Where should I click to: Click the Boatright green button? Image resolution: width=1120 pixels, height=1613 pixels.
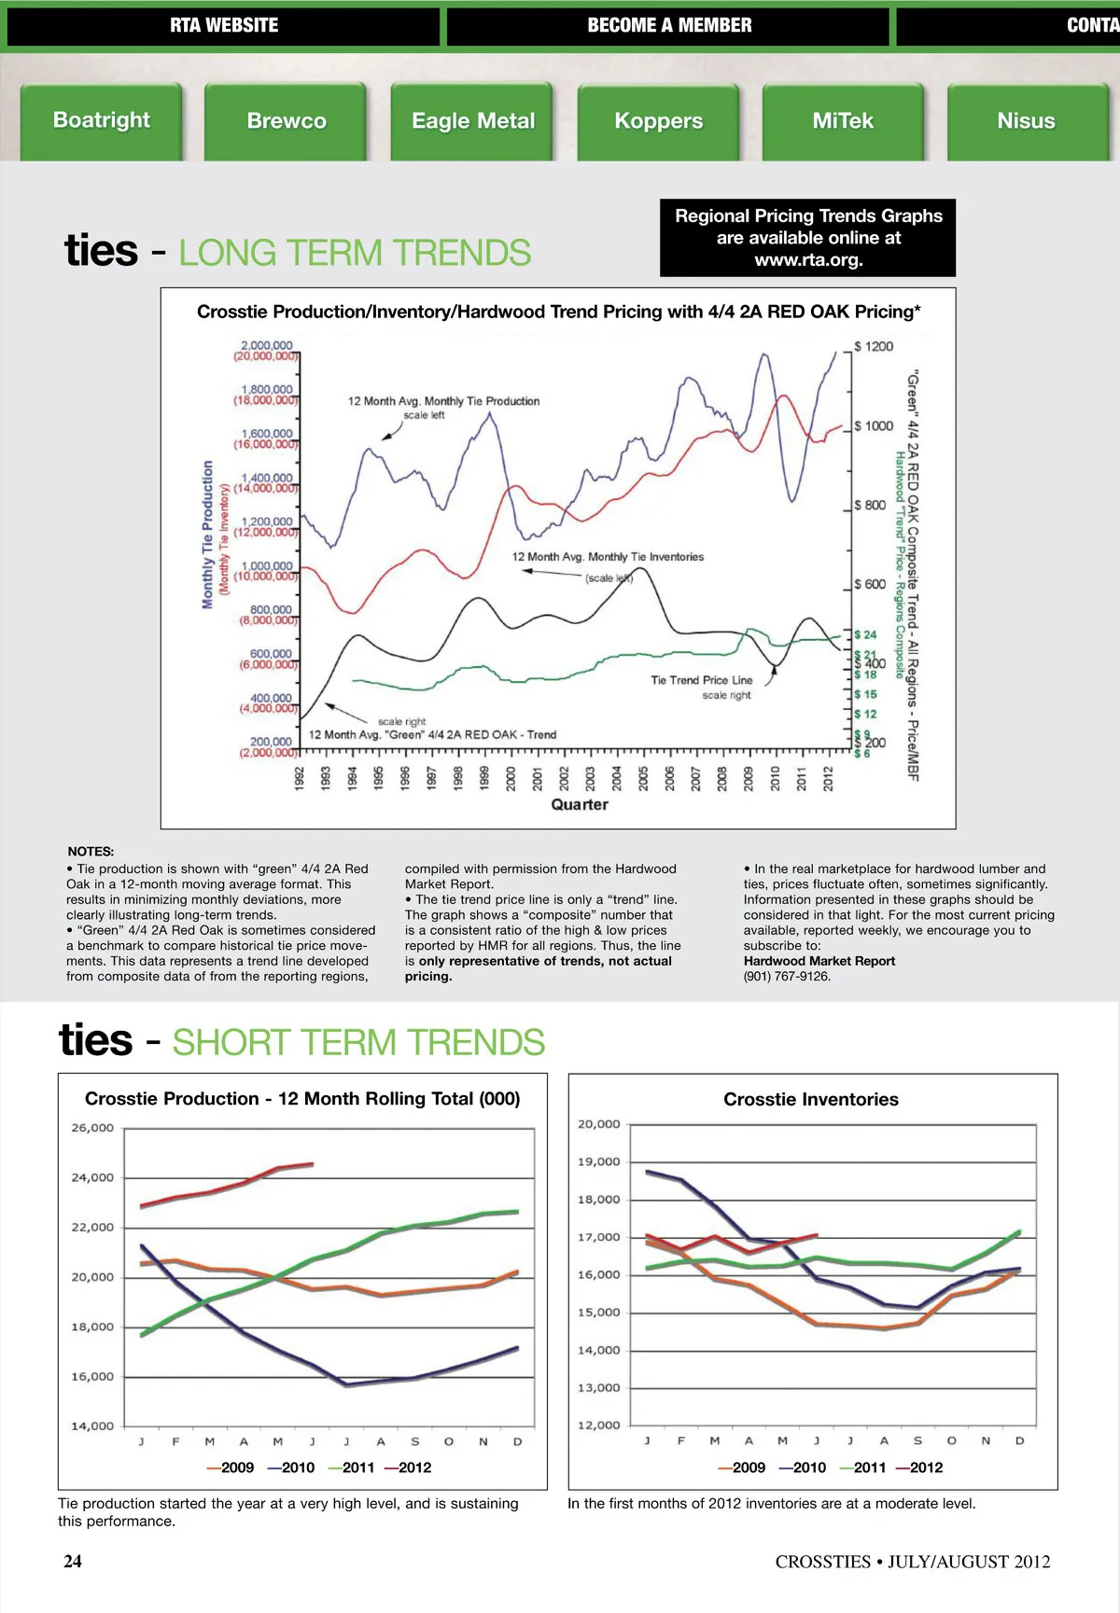(101, 120)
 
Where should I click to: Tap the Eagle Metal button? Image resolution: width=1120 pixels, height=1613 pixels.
(473, 121)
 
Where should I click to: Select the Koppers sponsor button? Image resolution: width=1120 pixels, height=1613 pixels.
(658, 121)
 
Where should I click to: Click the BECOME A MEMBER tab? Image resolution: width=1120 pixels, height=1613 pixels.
(668, 26)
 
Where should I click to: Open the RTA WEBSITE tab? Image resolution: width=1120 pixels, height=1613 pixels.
(223, 26)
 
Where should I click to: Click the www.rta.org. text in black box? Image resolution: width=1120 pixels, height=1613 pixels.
(808, 260)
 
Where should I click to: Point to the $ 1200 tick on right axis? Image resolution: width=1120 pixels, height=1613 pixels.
(874, 347)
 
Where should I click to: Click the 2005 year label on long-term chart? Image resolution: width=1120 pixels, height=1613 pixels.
(643, 779)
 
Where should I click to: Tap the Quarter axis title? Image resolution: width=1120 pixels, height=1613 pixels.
(580, 804)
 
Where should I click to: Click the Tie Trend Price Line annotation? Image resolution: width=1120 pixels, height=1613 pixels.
(701, 680)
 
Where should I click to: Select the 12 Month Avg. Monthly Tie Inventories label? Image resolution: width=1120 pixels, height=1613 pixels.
(608, 557)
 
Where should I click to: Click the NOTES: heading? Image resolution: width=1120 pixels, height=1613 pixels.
(91, 851)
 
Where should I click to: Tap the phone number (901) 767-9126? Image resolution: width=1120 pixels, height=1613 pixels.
(787, 976)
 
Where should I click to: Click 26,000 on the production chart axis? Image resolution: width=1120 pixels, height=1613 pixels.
(92, 1128)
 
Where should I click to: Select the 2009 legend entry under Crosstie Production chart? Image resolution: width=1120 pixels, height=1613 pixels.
(231, 1467)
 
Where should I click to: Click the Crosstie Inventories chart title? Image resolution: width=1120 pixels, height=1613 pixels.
(811, 1100)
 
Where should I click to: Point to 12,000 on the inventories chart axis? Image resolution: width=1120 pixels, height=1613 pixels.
(598, 1425)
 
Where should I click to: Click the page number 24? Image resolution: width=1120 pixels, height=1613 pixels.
(73, 1562)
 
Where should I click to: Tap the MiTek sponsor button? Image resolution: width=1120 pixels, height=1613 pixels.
(843, 121)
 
